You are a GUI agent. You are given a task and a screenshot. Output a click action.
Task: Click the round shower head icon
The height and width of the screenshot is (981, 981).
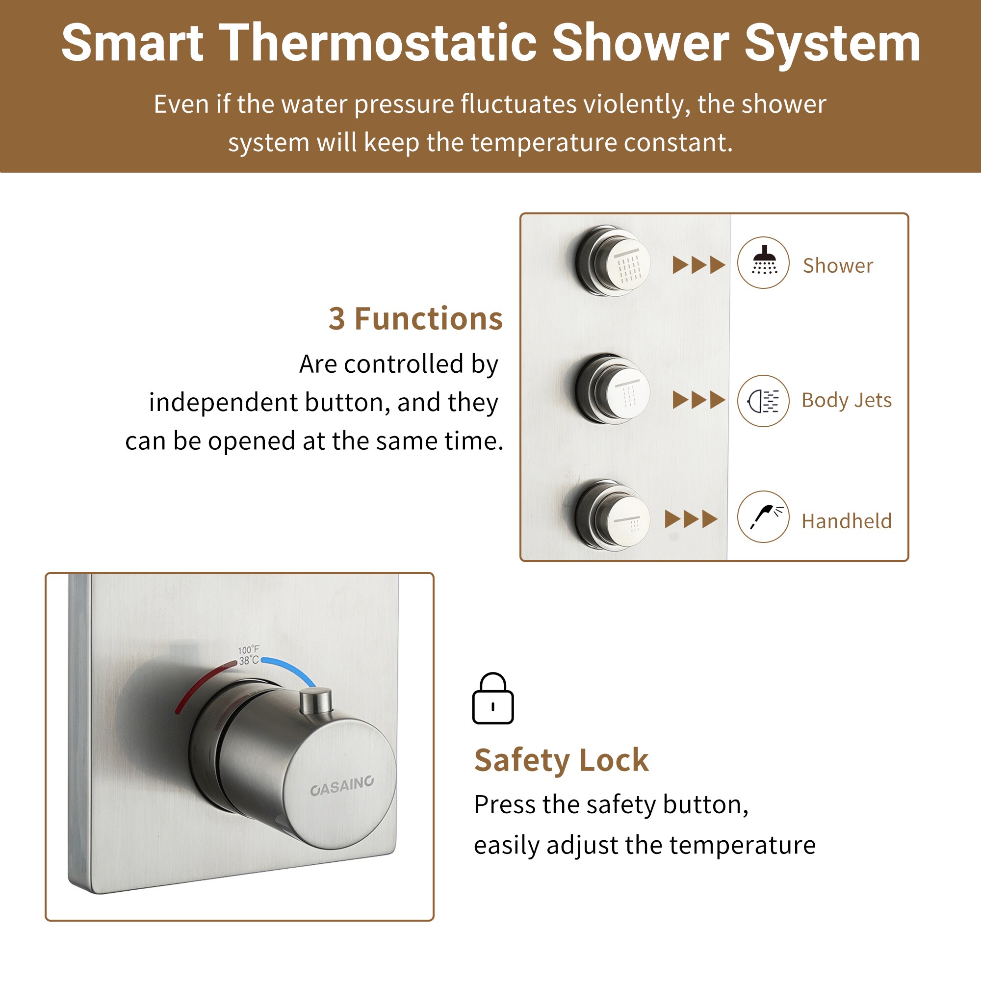click(763, 262)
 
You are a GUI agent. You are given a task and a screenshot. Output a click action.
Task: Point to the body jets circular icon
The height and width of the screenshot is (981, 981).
click(763, 401)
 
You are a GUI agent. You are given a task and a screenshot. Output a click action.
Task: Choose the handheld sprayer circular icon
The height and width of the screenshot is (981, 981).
click(763, 517)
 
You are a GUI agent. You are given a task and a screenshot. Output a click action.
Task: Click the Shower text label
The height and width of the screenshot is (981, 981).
click(838, 265)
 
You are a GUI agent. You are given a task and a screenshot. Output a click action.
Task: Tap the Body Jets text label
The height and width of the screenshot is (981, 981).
click(847, 401)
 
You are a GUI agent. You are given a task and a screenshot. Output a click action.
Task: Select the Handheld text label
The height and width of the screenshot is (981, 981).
click(847, 521)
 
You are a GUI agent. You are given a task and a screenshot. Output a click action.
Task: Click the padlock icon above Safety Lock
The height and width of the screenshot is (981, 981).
click(492, 698)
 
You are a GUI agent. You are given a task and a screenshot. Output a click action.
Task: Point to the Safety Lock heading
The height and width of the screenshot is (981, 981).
click(561, 760)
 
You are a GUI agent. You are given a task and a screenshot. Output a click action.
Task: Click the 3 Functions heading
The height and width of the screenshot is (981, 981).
click(415, 319)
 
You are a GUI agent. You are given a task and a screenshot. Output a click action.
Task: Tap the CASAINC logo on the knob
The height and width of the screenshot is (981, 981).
click(342, 785)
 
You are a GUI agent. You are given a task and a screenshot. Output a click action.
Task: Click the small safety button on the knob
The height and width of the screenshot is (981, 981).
click(316, 700)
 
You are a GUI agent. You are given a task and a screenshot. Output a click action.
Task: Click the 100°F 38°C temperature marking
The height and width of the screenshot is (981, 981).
click(248, 655)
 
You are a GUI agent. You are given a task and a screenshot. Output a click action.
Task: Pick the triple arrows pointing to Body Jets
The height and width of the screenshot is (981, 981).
click(698, 400)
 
